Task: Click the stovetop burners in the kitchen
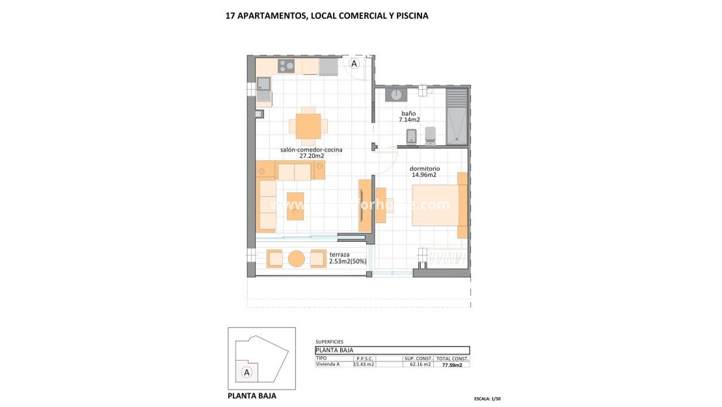tap(286, 66)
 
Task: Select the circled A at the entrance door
tap(354, 64)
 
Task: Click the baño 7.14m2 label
tap(409, 116)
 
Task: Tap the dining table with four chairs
tap(308, 125)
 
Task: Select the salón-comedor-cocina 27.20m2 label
tap(311, 153)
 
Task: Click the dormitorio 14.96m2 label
tap(425, 172)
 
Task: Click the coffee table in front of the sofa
tap(295, 206)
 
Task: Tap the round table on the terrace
tap(297, 258)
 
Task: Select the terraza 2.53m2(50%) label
tap(347, 258)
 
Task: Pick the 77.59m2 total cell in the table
tap(452, 365)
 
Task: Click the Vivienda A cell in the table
tap(327, 364)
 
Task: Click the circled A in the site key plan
tap(247, 372)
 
